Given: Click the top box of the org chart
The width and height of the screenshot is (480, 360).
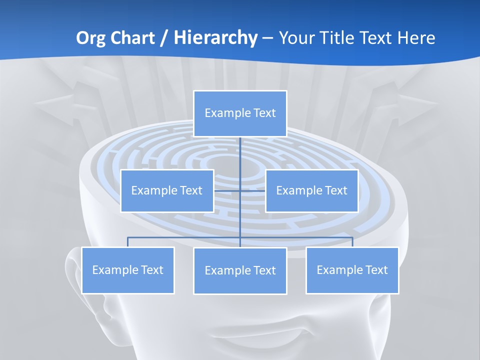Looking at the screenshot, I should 240,113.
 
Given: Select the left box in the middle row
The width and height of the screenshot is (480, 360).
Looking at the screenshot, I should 167,190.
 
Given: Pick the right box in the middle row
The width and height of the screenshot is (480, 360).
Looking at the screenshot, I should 311,190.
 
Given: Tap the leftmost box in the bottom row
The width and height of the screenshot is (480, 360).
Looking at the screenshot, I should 127,270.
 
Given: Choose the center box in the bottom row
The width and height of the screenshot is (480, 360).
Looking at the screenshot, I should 240,270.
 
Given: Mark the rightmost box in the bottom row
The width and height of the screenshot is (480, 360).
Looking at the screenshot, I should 352,270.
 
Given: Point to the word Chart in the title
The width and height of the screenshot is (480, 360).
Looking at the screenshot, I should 131,38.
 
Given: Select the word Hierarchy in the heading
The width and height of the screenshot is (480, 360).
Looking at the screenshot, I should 215,38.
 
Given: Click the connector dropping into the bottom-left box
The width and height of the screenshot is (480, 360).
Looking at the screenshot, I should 127,242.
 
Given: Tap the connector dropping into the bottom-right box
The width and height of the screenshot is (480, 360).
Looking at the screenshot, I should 352,242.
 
